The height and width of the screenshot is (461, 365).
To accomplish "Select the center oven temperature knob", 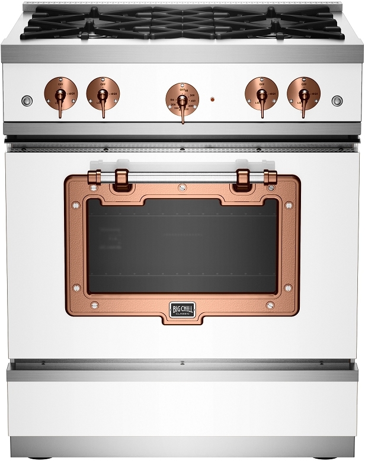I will pyautogui.click(x=182, y=100).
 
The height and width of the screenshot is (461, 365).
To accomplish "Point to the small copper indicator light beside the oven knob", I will pyautogui.click(x=212, y=100).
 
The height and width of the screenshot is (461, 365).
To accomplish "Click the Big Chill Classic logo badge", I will pyautogui.click(x=182, y=309).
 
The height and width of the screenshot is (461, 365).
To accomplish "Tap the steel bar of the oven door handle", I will pyautogui.click(x=182, y=176).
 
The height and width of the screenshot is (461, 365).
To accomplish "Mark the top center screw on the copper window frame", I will pyautogui.click(x=182, y=188).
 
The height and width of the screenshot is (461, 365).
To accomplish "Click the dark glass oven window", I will pyautogui.click(x=182, y=246).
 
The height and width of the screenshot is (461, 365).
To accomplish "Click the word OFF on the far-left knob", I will pyautogui.click(x=60, y=85).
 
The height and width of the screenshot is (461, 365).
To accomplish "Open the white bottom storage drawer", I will pyautogui.click(x=182, y=409).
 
